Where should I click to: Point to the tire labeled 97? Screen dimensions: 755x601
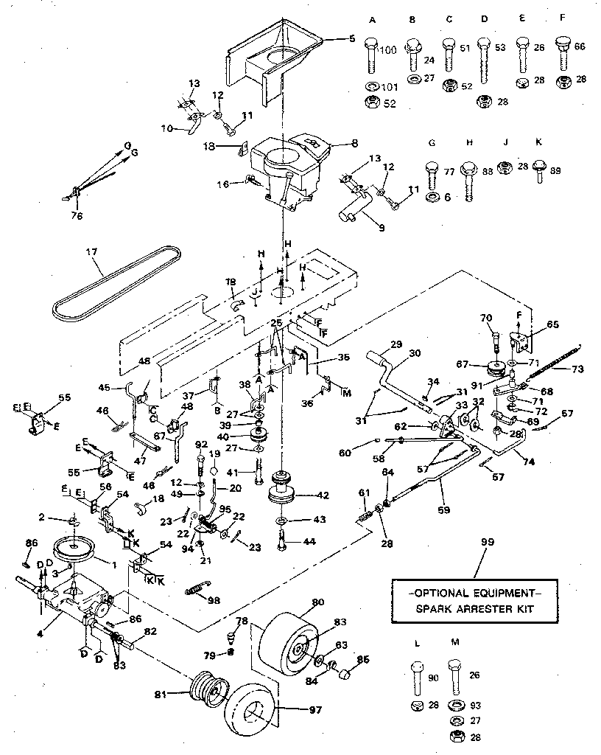250,711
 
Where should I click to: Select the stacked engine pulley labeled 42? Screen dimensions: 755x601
284,487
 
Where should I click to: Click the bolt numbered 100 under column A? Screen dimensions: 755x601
370,55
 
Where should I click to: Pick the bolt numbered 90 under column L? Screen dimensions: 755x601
416,678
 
